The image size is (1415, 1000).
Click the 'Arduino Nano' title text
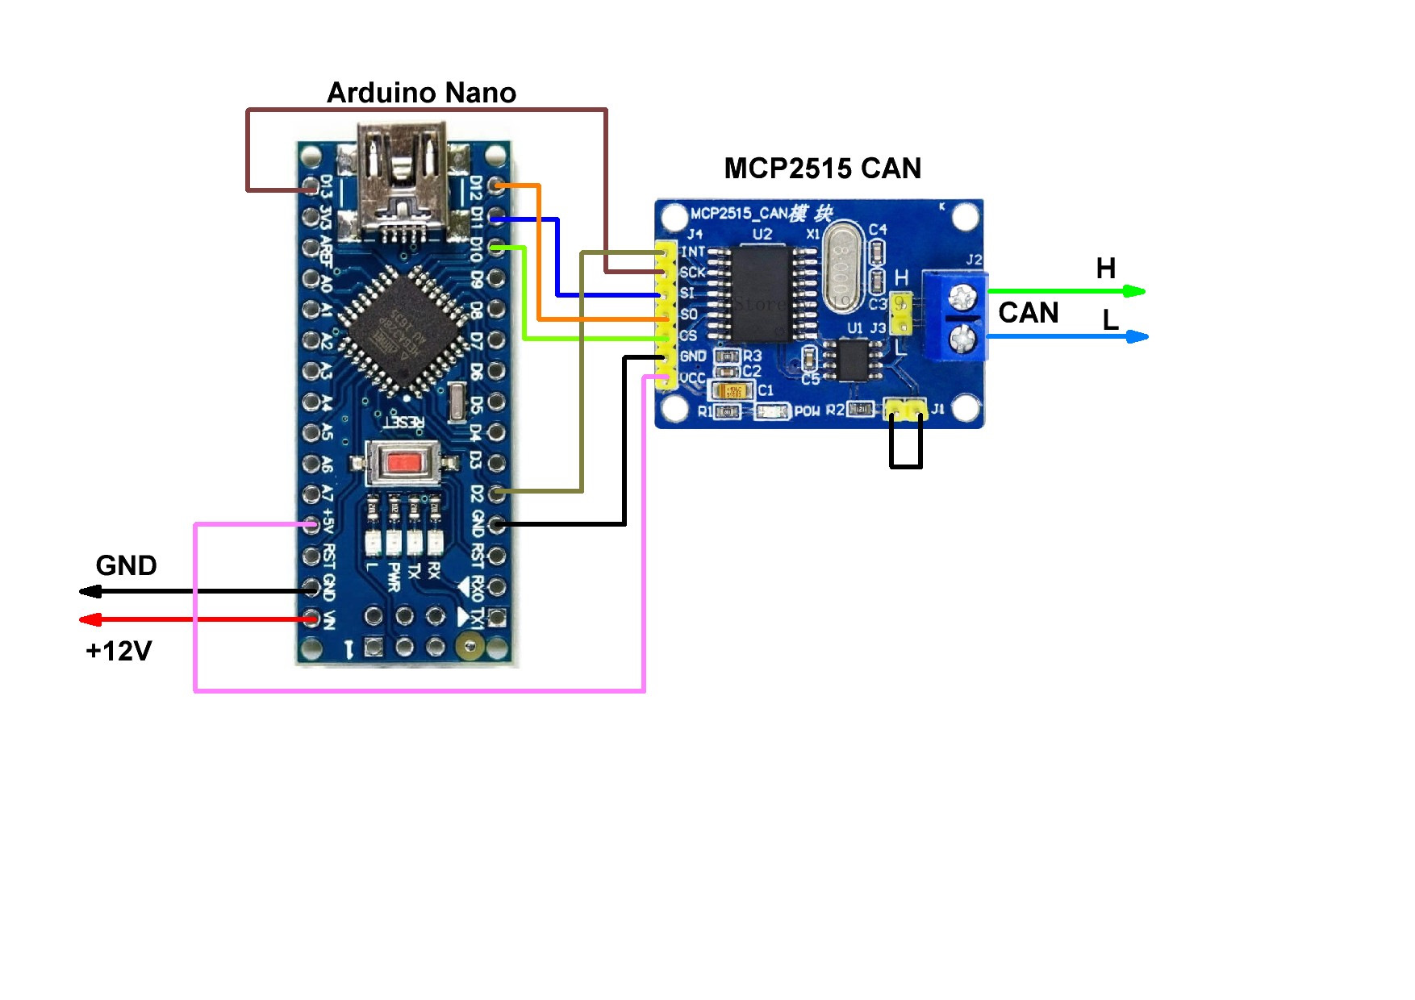[421, 93]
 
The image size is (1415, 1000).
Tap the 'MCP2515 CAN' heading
[822, 169]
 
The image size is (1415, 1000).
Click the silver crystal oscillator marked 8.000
[842, 272]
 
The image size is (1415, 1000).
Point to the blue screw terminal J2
[956, 315]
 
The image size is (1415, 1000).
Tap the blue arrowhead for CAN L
[1137, 336]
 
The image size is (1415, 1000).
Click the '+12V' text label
[119, 651]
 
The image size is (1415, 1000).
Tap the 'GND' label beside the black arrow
[126, 565]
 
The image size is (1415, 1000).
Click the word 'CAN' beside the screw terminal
[1028, 313]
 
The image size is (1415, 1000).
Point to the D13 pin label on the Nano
[326, 187]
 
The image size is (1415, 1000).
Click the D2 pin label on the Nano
[478, 493]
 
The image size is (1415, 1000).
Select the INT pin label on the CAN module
[693, 252]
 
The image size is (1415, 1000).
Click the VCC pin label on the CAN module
[692, 377]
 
